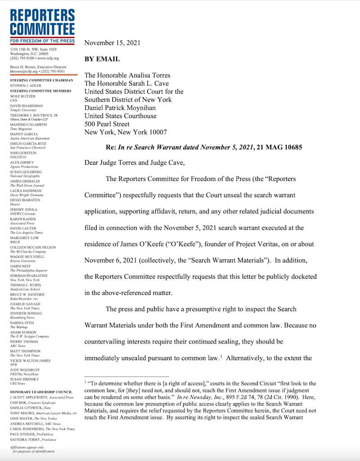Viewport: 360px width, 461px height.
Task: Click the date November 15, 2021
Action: tap(112, 43)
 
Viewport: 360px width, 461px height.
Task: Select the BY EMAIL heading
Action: tap(102, 59)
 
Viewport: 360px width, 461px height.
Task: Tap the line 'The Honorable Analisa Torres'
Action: tap(128, 75)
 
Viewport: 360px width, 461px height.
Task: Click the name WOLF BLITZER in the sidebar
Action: tap(22, 96)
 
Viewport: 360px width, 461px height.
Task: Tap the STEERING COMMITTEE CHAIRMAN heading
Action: tap(41, 80)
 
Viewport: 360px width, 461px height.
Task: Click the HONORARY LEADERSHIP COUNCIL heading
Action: tap(41, 392)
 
